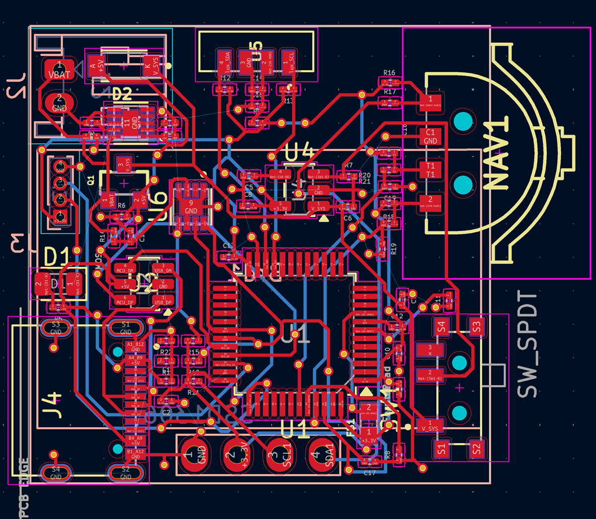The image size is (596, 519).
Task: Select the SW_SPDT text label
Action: pos(527,345)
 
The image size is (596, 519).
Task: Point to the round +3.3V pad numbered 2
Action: pos(232,455)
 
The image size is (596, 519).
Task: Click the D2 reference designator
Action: pos(122,94)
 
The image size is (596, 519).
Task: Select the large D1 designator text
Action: pos(58,257)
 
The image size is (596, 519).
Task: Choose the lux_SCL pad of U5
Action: pos(289,63)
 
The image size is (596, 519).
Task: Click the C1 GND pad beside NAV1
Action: pos(430,136)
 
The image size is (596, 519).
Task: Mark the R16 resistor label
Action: pos(389,73)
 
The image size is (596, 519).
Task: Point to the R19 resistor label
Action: pos(394,249)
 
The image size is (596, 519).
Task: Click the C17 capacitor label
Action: pos(370,473)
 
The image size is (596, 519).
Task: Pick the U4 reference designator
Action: pos(300,151)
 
